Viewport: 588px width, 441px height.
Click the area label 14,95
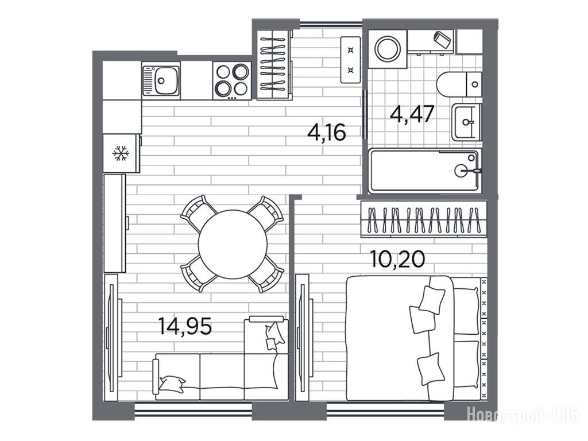[x=185, y=326]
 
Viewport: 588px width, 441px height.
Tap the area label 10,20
[x=397, y=259]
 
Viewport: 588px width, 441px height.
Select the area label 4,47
[x=412, y=114]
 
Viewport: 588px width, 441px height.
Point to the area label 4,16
[x=326, y=132]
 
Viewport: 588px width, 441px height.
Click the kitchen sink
[x=161, y=80]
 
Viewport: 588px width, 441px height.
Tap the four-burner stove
[x=232, y=80]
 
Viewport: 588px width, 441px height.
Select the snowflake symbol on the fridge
[x=121, y=153]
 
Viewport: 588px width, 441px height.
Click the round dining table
[x=233, y=244]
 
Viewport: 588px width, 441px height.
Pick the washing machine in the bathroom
[x=388, y=49]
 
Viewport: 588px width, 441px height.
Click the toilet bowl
[x=459, y=84]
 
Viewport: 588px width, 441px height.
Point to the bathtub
[x=424, y=171]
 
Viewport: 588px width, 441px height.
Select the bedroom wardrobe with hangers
[x=424, y=219]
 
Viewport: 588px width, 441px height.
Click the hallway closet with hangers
[x=274, y=64]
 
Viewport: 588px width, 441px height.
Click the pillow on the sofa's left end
[x=172, y=383]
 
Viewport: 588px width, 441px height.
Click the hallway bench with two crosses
[x=351, y=60]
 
